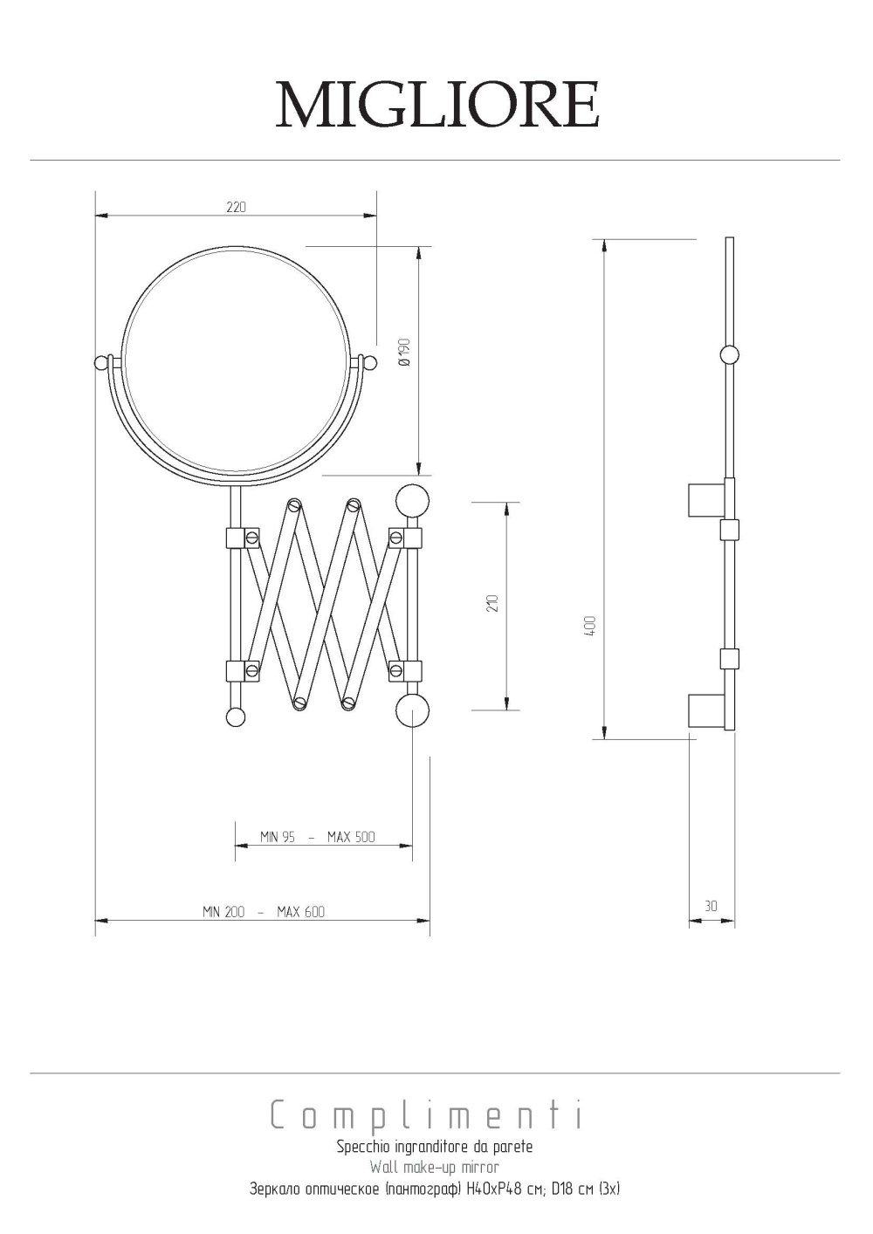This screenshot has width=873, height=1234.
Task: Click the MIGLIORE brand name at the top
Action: click(437, 104)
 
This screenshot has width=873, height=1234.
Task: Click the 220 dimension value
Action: click(236, 207)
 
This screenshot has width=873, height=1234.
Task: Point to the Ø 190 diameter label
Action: click(405, 352)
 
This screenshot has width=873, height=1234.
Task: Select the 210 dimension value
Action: click(493, 603)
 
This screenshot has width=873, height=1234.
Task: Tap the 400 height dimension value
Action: click(590, 627)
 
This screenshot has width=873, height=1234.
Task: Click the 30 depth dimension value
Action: click(711, 906)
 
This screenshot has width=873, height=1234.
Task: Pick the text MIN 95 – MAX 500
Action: click(318, 837)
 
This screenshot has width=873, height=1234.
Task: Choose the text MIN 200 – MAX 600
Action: click(264, 912)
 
